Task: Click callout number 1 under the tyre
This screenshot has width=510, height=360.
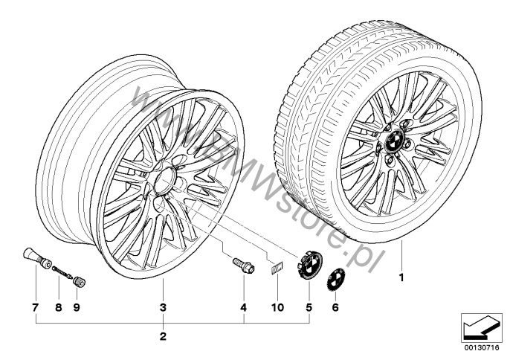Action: point(401,277)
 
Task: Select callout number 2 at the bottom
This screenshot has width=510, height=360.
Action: point(163,336)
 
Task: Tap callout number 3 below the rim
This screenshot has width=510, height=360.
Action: point(163,307)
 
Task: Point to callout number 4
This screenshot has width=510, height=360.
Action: point(244,307)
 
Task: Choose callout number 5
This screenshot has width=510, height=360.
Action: point(309,307)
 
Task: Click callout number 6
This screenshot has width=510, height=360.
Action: point(335,307)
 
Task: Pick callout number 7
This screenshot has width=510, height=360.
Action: point(36,307)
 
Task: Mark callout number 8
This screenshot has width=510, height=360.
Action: point(59,307)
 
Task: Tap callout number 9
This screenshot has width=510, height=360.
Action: point(77,307)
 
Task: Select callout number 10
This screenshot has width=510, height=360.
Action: point(277,307)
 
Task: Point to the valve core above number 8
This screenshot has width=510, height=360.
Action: point(62,271)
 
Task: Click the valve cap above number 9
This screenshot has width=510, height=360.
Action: point(80,282)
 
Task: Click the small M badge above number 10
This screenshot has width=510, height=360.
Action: point(277,269)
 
